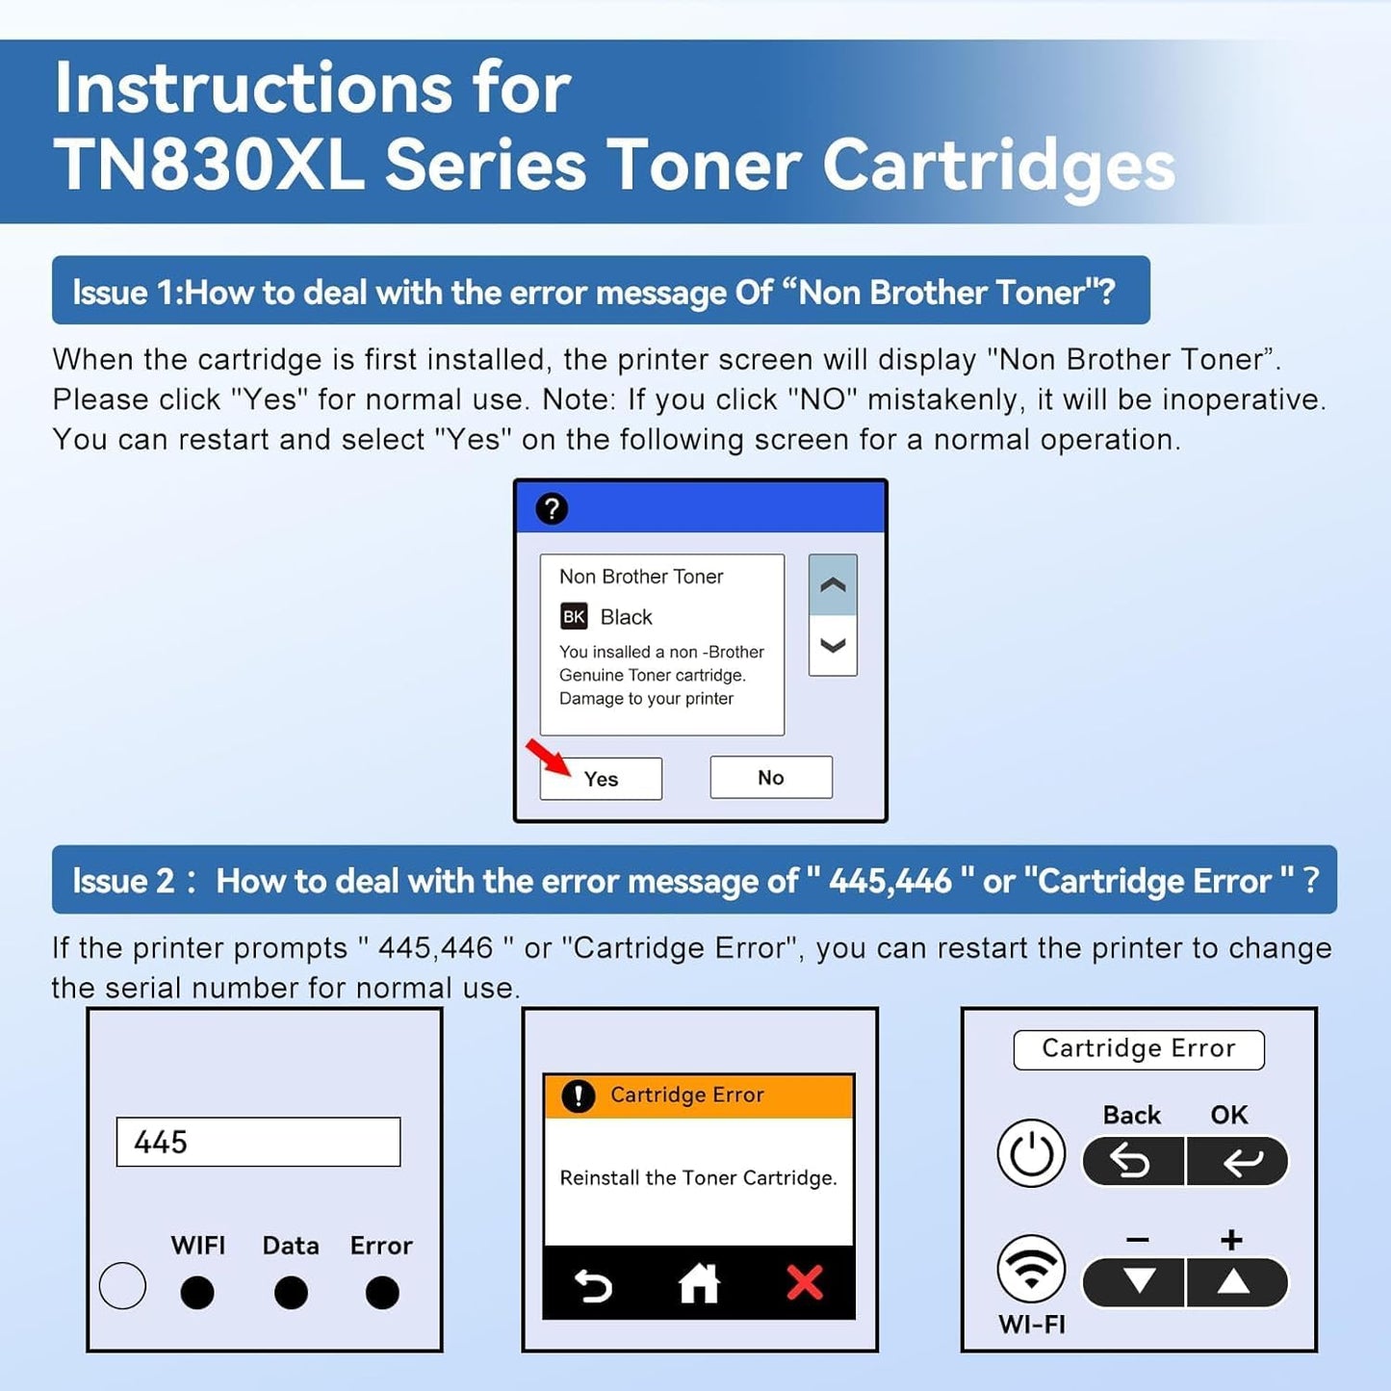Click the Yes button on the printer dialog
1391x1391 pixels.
tap(601, 778)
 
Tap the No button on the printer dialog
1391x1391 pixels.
tap(770, 777)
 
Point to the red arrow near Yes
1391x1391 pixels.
tap(548, 757)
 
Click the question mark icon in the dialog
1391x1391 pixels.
tap(552, 508)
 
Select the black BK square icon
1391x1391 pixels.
tap(574, 616)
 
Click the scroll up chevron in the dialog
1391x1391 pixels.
tap(833, 585)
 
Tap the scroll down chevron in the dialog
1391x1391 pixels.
tap(833, 645)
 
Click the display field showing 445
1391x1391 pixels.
tap(258, 1142)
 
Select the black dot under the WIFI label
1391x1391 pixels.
tap(197, 1292)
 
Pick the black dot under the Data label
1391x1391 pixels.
tap(291, 1292)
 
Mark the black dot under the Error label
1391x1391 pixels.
tap(382, 1292)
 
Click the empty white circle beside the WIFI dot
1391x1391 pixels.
tap(122, 1285)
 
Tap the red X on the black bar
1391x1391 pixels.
tap(805, 1282)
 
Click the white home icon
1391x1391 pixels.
tap(699, 1282)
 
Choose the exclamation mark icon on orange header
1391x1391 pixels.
tap(578, 1095)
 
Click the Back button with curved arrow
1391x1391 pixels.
tap(1132, 1162)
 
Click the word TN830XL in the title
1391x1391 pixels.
tap(209, 166)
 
